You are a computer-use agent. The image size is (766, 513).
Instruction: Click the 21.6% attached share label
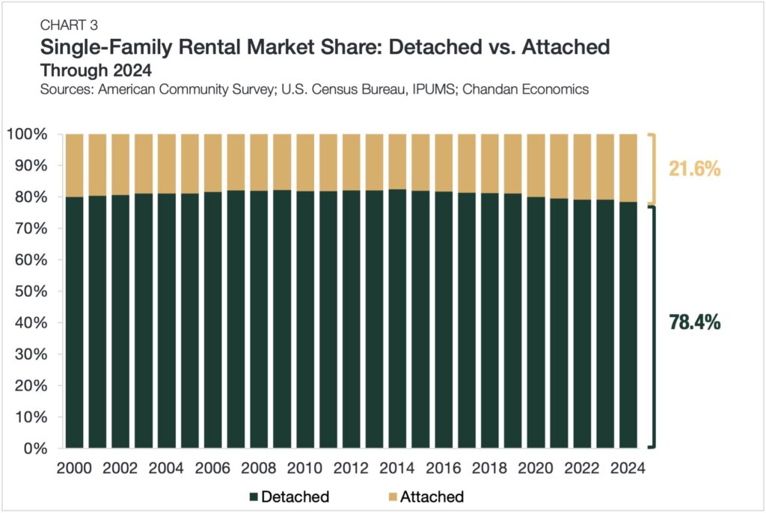tap(694, 169)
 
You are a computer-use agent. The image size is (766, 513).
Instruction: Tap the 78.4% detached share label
tap(693, 322)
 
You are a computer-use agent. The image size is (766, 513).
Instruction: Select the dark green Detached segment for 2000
tap(75, 322)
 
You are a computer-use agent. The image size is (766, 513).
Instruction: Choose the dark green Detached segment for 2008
tap(259, 322)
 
